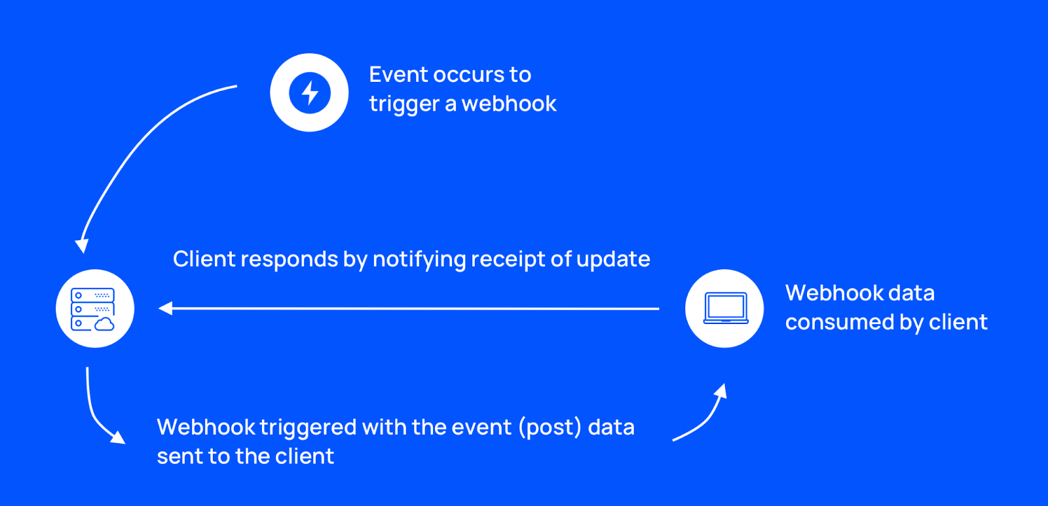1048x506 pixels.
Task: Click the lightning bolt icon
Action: (309, 92)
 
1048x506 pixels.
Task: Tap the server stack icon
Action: (92, 309)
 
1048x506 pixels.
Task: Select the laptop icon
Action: (726, 308)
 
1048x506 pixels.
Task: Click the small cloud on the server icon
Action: (104, 324)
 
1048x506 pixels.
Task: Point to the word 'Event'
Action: (398, 75)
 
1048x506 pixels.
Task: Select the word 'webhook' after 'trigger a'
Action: (509, 103)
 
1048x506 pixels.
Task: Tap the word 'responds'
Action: (289, 260)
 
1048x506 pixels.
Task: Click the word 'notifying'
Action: (419, 260)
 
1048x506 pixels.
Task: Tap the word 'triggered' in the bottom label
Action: (308, 428)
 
